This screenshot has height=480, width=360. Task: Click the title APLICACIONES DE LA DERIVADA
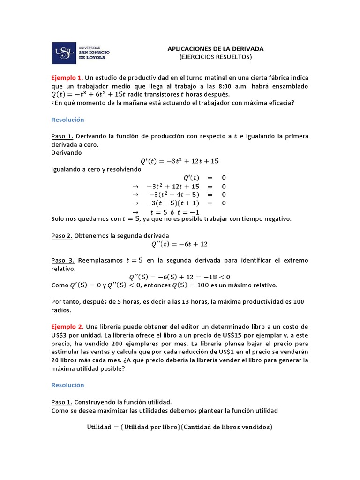pyautogui.click(x=216, y=48)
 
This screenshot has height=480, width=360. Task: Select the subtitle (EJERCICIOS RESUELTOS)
pyautogui.click(x=216, y=57)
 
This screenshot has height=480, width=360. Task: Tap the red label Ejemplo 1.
pyautogui.click(x=67, y=77)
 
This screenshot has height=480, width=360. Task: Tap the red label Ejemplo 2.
pyautogui.click(x=67, y=326)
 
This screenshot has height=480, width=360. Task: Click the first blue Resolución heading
pyautogui.click(x=67, y=120)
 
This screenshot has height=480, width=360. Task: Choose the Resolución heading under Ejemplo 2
pyautogui.click(x=67, y=385)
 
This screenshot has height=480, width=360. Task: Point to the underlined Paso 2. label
pyautogui.click(x=62, y=235)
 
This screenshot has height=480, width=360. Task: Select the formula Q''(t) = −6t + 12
pyautogui.click(x=179, y=244)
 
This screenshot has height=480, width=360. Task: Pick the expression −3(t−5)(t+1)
pyautogui.click(x=173, y=203)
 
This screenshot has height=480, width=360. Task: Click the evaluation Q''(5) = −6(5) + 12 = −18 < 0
pyautogui.click(x=180, y=277)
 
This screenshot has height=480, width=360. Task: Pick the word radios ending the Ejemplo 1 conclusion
pyautogui.click(x=61, y=310)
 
